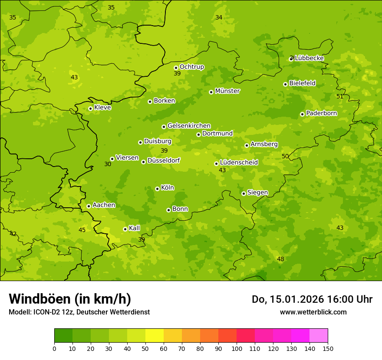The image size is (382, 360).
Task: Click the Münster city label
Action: [227, 91]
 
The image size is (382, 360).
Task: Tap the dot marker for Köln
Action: [157, 189]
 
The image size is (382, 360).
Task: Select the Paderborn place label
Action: [321, 113]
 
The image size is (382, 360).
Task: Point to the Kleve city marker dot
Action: [90, 108]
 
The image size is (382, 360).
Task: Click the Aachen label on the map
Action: [104, 205]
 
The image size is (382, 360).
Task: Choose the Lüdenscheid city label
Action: [239, 162]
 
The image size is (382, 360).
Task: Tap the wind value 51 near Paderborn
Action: [340, 96]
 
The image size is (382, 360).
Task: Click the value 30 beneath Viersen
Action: [108, 164]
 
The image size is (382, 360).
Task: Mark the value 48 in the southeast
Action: [280, 259]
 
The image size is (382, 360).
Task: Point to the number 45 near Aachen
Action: [82, 230]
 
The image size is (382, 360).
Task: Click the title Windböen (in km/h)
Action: [70, 299]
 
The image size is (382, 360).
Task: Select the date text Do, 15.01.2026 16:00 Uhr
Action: [312, 299]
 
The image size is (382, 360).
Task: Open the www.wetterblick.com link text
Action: [313, 312]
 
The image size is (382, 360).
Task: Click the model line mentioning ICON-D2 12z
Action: [79, 312]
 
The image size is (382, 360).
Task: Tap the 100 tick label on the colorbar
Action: [237, 348]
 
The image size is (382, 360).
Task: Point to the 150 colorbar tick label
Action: [328, 348]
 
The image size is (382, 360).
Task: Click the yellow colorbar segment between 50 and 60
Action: [155, 336]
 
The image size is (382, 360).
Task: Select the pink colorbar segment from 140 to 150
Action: [319, 336]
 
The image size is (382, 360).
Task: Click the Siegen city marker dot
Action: [244, 193]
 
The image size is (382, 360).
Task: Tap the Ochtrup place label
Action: [191, 67]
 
